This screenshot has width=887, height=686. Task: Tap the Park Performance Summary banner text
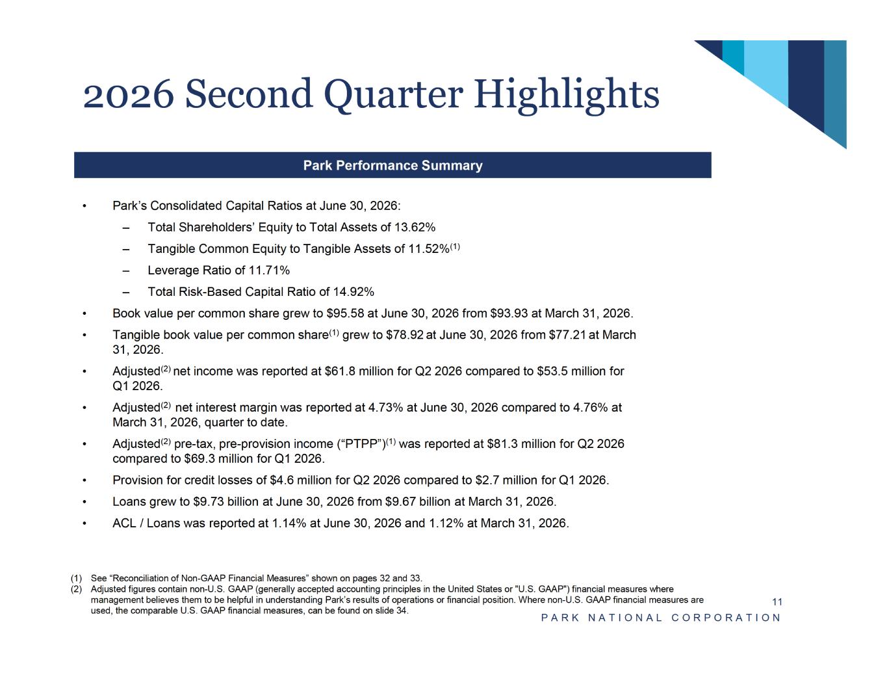392,165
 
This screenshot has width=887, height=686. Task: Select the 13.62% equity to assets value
415,227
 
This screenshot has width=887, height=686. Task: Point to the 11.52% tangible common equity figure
429,248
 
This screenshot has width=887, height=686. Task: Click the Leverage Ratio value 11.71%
270,270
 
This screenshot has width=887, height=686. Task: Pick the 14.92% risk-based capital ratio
354,292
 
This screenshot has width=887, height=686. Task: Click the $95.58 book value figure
345,313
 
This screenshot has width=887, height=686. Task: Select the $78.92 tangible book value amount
405,336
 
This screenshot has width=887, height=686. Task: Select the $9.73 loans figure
209,502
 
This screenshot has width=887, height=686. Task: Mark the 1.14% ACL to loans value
289,523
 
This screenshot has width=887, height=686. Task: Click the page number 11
777,602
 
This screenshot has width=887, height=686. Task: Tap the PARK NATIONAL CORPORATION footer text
660,618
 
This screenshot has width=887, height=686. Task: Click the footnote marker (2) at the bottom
76,589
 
